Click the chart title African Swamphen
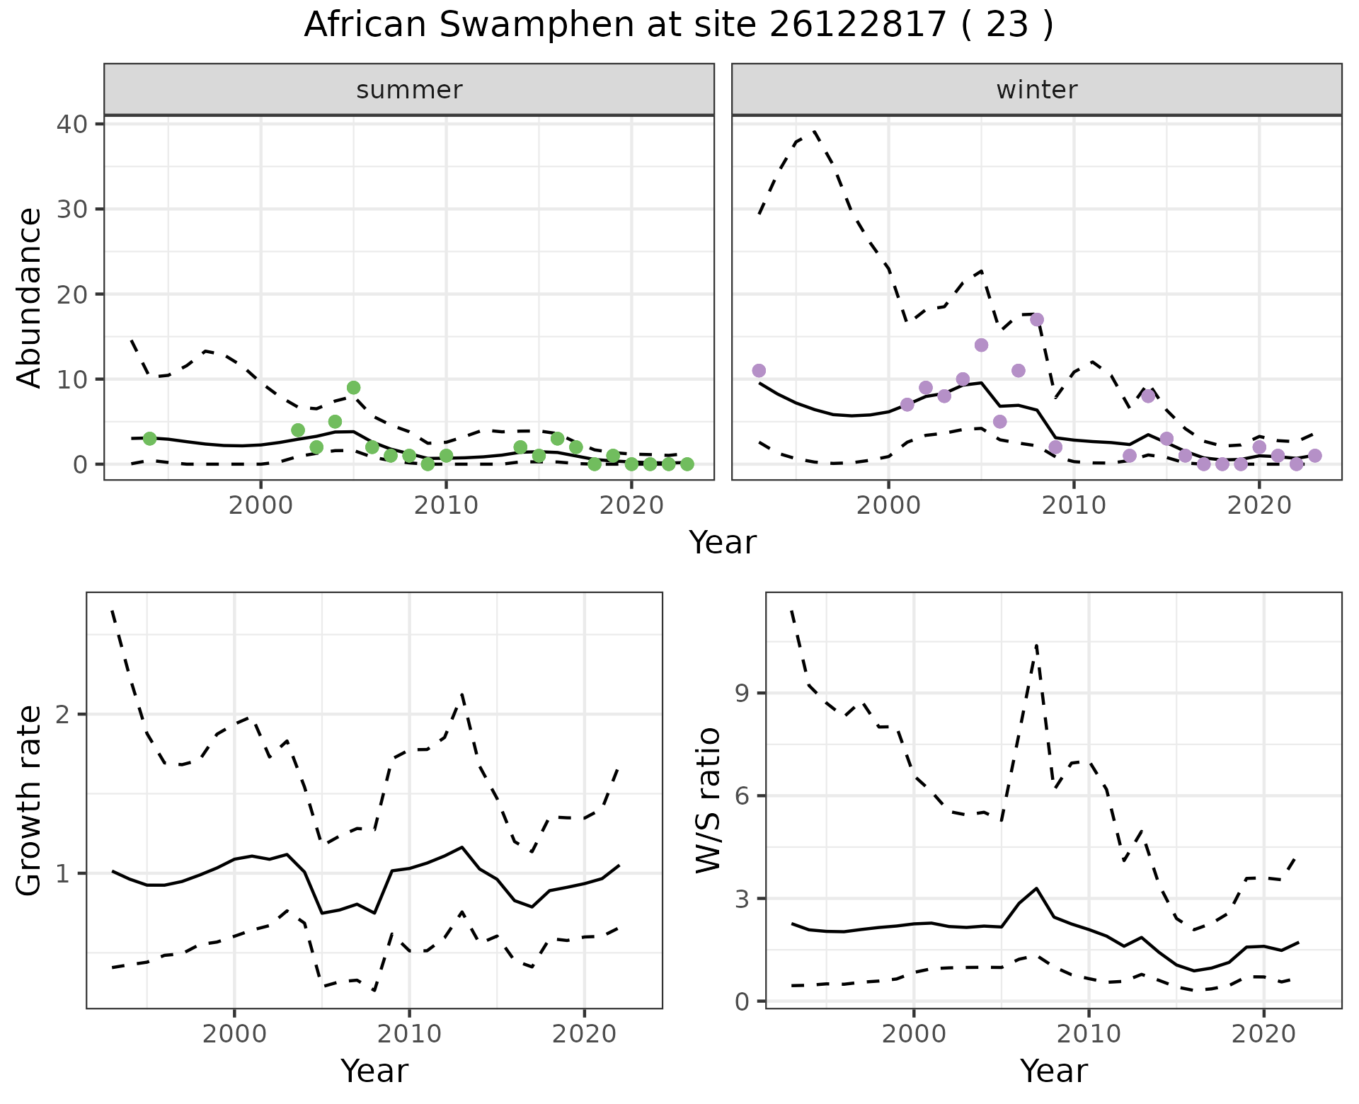pyautogui.click(x=678, y=25)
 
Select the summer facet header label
pyautogui.click(x=409, y=90)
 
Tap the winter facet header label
pyautogui.click(x=1036, y=90)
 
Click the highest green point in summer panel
pyautogui.click(x=353, y=388)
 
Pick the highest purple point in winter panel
pyautogui.click(x=1037, y=320)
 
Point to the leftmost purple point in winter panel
pyautogui.click(x=759, y=371)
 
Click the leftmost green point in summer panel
pyautogui.click(x=149, y=439)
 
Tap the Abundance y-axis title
pyautogui.click(x=30, y=297)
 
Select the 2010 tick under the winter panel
pyautogui.click(x=1074, y=505)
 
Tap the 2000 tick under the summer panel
pyautogui.click(x=260, y=505)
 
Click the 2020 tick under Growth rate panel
pyautogui.click(x=584, y=1034)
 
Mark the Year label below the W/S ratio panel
pyautogui.click(x=1053, y=1071)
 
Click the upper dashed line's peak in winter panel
pyautogui.click(x=815, y=131)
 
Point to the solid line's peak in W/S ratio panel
pyautogui.click(x=1036, y=888)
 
